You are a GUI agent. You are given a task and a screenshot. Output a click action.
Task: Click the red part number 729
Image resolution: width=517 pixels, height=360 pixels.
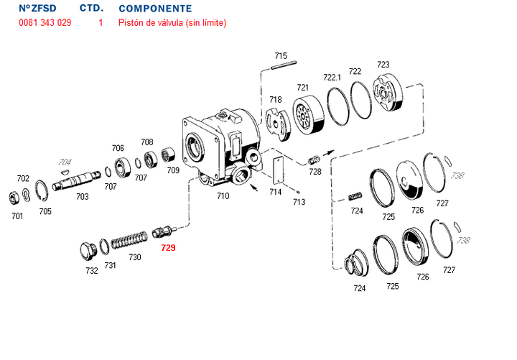tap(168, 248)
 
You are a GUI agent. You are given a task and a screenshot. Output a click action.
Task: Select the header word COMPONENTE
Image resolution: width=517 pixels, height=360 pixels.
tap(154, 9)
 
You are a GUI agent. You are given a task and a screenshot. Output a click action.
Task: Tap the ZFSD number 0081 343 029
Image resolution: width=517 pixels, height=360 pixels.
tap(45, 23)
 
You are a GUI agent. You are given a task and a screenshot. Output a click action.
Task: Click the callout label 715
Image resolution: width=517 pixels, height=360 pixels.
tap(281, 56)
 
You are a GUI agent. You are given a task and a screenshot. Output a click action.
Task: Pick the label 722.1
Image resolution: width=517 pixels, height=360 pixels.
tap(332, 77)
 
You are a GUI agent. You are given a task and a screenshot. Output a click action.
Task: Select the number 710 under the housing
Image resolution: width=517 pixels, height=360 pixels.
tap(223, 195)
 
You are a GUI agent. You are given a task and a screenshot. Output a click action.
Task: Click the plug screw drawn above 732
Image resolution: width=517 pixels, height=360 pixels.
tap(88, 251)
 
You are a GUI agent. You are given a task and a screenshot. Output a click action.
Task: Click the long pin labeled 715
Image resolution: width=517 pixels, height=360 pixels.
tap(279, 68)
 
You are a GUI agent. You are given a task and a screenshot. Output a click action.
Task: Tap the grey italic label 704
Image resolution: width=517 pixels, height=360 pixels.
tap(65, 162)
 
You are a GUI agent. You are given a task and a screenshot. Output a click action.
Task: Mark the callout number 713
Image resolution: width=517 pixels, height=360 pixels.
tap(299, 203)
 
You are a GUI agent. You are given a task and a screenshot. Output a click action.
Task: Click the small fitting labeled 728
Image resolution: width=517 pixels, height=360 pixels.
tap(313, 160)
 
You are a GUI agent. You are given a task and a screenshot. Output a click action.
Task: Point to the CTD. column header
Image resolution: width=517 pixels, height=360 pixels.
tap(91, 9)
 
